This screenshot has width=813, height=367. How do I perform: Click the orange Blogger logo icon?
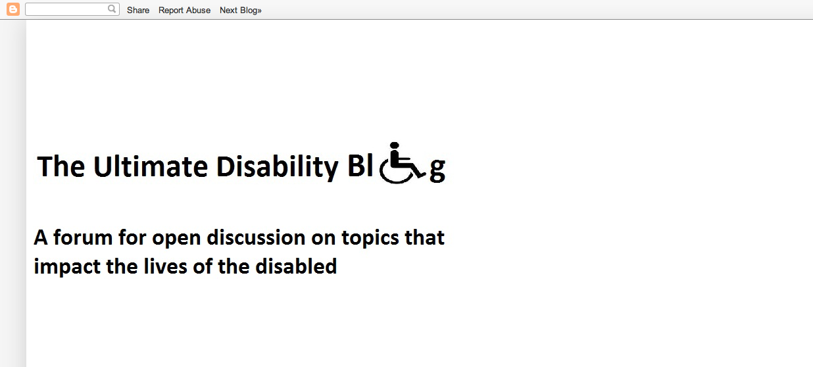[13, 9]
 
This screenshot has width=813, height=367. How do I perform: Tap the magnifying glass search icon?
[112, 9]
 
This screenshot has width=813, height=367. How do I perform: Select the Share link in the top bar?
[138, 10]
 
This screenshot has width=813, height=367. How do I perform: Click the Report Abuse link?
[184, 10]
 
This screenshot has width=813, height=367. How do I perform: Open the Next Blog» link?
[240, 10]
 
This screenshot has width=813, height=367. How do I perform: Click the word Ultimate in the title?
[151, 166]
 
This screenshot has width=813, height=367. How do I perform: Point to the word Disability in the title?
[278, 168]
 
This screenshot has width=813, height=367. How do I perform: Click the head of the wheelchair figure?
[395, 145]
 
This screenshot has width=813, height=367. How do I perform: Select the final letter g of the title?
[437, 170]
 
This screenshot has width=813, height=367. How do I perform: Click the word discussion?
[256, 238]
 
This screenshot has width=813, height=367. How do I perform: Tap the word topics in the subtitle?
[370, 239]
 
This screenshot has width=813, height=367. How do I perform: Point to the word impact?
[67, 268]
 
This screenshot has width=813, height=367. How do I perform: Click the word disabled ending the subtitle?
[296, 266]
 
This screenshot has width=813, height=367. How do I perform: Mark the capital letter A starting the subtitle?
[41, 238]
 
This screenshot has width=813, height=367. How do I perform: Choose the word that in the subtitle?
[425, 238]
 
